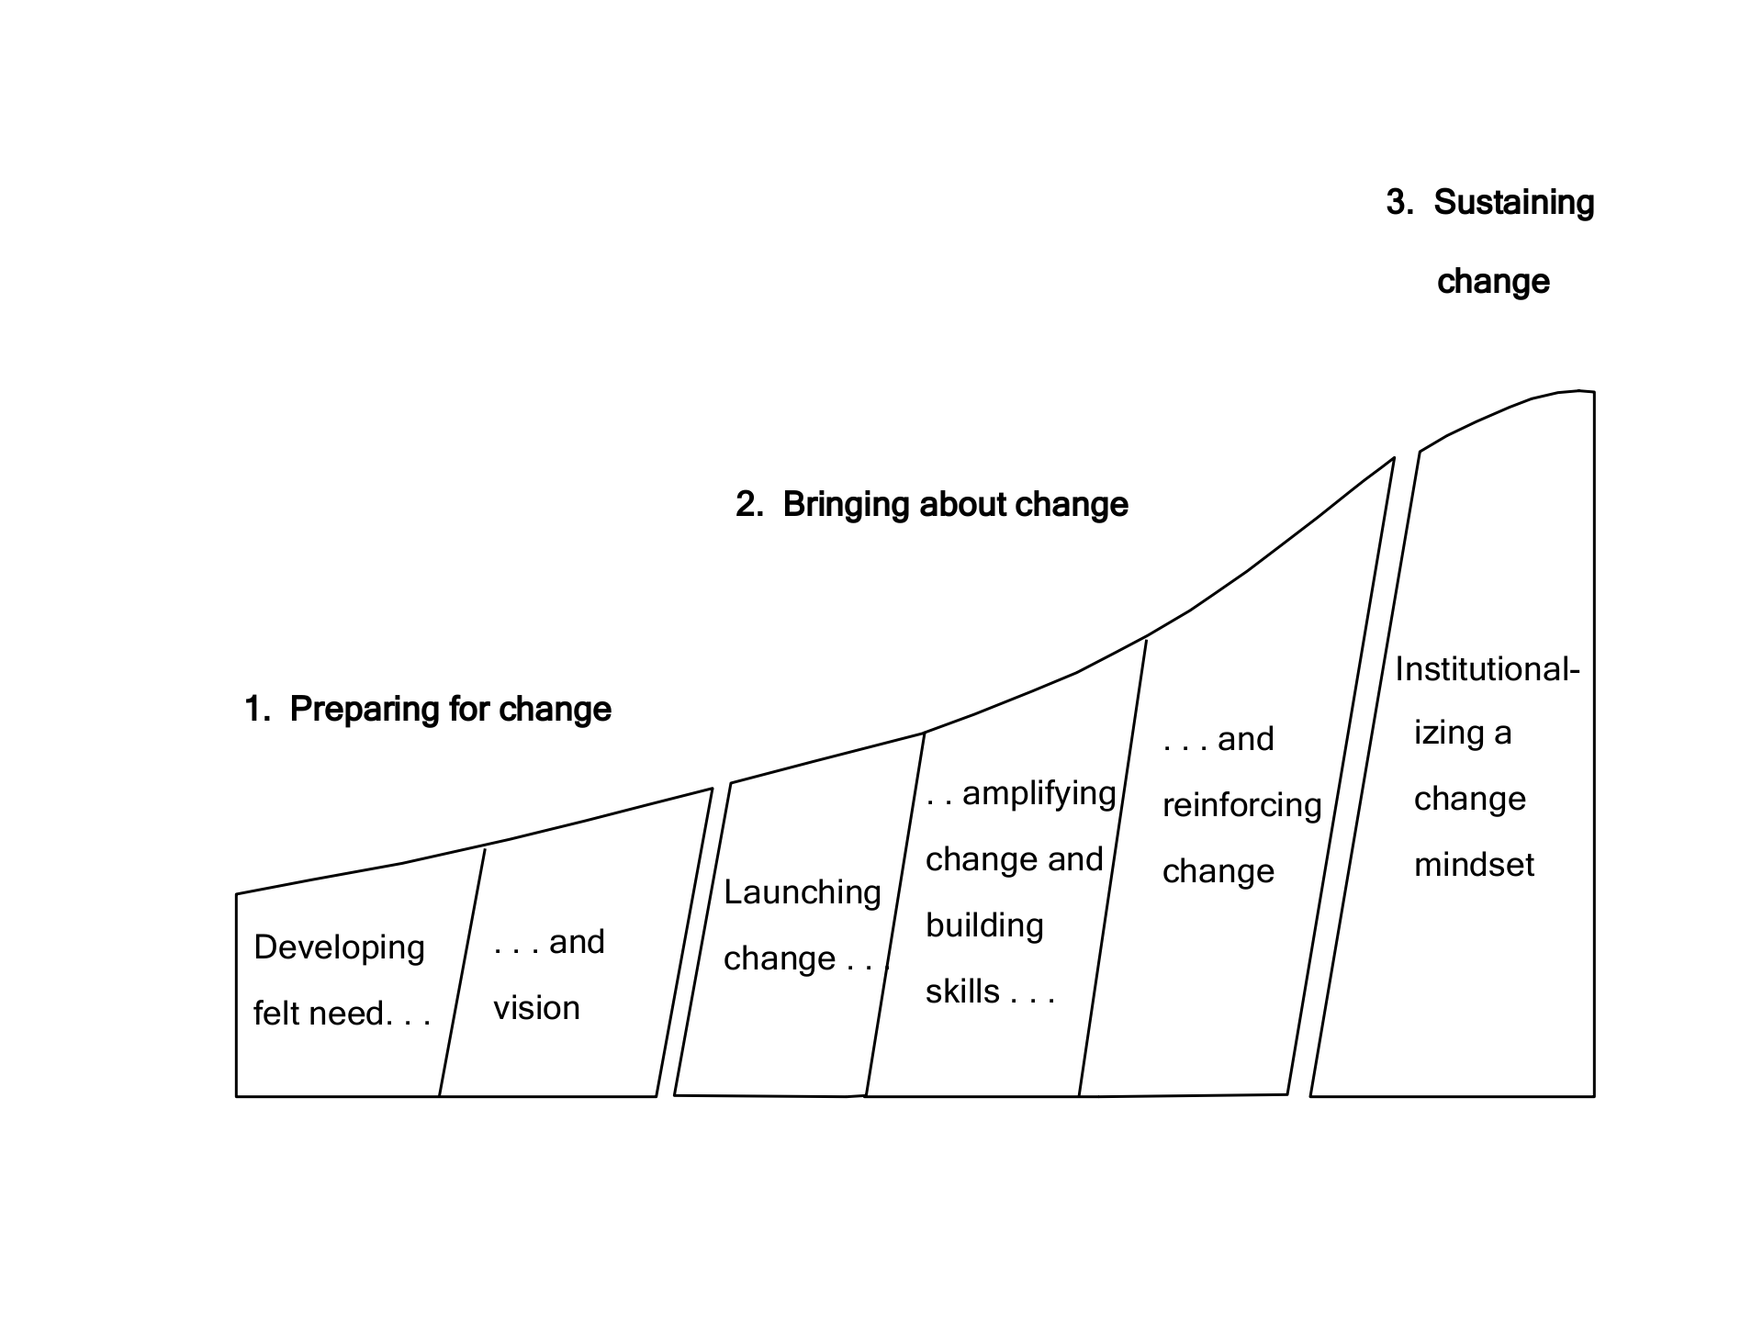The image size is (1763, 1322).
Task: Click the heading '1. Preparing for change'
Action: (428, 710)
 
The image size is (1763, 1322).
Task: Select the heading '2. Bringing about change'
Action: (932, 505)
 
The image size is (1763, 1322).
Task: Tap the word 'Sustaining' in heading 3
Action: (1513, 203)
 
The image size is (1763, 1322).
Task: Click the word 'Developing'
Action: (339, 947)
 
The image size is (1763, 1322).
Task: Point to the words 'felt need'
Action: (319, 1014)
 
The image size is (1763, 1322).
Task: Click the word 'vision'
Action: (536, 1008)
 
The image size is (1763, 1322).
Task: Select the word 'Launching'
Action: (802, 892)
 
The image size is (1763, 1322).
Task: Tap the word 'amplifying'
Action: (1039, 793)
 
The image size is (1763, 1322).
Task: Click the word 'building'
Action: (984, 925)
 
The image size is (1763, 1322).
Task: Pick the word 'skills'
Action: (962, 991)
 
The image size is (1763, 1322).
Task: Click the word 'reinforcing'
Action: (1241, 805)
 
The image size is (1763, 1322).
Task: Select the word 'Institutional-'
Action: (1487, 669)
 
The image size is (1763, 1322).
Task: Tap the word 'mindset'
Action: (1474, 865)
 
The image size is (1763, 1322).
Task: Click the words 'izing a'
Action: (1462, 733)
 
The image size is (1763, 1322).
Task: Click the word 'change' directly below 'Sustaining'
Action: (1493, 282)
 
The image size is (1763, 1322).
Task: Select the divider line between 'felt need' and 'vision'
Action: (462, 973)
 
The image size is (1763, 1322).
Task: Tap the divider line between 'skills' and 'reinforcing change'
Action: (1112, 872)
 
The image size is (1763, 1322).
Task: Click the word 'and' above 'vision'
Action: (577, 942)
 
